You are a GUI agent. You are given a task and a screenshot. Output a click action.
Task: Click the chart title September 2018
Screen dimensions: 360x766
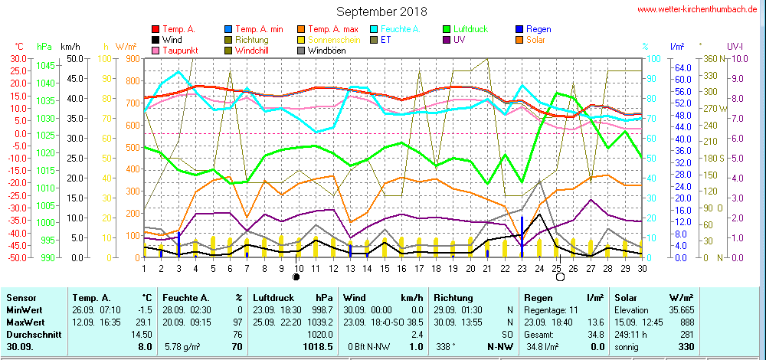[x=381, y=11]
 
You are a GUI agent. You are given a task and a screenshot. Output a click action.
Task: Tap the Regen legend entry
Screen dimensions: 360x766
[x=538, y=29]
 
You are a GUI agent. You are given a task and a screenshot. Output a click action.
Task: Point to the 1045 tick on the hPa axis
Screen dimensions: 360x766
[x=47, y=65]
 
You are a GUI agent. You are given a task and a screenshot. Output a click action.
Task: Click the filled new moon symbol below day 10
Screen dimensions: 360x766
[x=297, y=276]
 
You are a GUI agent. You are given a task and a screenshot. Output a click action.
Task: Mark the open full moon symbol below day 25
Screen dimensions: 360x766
[x=560, y=276]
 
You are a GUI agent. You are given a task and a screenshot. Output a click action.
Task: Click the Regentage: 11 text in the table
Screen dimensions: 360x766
[x=552, y=310]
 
